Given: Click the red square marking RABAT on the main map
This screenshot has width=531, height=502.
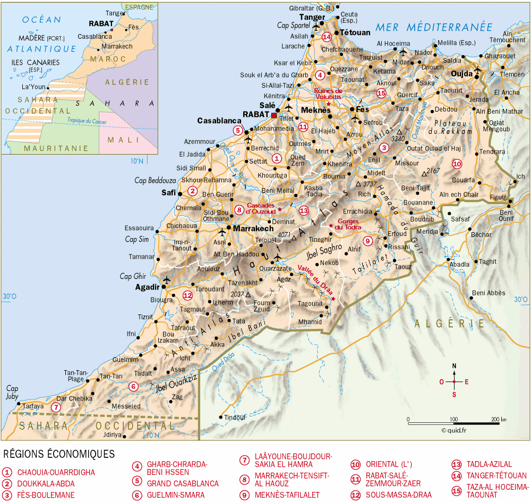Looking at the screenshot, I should [x=274, y=115].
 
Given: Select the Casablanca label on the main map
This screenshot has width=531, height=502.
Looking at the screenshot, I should [x=216, y=121].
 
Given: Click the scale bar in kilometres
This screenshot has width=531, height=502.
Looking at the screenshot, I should [x=453, y=423].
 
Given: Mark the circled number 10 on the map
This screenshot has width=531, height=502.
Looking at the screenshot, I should [x=457, y=164].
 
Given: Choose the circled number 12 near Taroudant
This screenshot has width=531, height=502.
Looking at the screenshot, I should [x=187, y=295].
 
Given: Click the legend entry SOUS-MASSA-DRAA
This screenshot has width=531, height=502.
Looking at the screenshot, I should [x=393, y=495].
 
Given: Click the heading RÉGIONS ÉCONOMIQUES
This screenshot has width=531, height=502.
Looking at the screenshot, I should [x=59, y=454].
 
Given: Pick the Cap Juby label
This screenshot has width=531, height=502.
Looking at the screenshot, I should [x=12, y=392].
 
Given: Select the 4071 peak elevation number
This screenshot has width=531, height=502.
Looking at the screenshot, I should [x=284, y=234].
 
